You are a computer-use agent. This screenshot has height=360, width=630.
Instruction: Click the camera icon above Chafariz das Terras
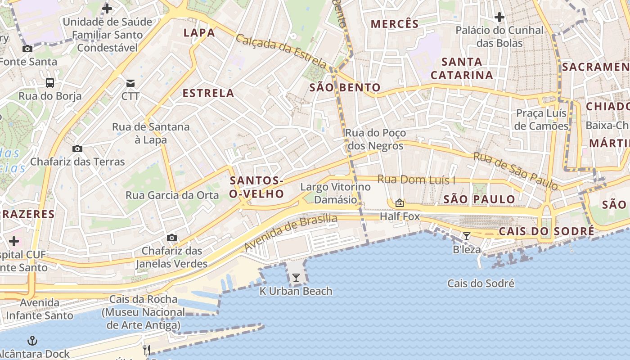[77, 148]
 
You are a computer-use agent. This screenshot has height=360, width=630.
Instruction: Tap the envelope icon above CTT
[130, 83]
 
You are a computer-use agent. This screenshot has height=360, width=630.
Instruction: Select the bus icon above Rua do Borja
[50, 83]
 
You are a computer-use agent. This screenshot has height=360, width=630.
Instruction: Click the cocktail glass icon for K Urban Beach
[296, 278]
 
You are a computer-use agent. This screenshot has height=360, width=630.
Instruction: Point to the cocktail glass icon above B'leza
[467, 236]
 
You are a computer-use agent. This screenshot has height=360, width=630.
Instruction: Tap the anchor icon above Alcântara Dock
[32, 340]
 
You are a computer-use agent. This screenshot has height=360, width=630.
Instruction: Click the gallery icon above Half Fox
[399, 203]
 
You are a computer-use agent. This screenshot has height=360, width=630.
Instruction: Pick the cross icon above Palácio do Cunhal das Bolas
[499, 18]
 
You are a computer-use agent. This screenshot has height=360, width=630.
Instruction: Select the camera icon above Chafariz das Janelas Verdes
[171, 238]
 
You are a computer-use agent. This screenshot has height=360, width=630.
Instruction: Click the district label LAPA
[199, 32]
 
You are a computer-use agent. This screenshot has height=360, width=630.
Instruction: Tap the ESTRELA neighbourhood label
[208, 93]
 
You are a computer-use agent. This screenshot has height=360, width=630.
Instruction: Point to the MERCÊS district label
[395, 24]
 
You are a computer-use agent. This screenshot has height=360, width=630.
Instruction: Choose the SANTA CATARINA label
[462, 68]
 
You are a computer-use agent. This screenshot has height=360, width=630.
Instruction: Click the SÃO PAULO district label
[479, 199]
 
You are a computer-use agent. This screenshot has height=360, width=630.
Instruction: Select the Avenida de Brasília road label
[291, 233]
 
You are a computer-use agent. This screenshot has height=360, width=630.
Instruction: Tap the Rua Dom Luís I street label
[416, 180]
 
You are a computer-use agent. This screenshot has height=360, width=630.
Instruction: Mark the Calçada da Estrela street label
[281, 50]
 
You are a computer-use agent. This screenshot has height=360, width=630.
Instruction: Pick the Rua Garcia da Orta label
[172, 195]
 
